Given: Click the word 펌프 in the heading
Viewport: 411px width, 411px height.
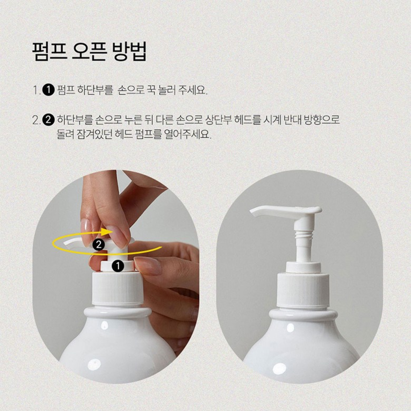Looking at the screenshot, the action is [x=49, y=51].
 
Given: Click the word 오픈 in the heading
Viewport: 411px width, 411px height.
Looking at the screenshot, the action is [x=89, y=51].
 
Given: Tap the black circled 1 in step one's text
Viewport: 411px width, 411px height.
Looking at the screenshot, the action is [x=48, y=90].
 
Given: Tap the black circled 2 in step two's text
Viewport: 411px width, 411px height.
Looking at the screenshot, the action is [x=48, y=120].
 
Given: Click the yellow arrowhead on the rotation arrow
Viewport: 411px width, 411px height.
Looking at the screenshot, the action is [x=108, y=232].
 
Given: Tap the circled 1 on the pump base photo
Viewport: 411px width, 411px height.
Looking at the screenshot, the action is [x=118, y=266].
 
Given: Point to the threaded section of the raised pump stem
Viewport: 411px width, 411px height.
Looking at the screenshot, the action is [x=304, y=235].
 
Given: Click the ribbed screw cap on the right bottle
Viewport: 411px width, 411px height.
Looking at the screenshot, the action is [x=303, y=290].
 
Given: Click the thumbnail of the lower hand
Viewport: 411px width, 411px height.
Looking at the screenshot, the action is [x=148, y=265].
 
